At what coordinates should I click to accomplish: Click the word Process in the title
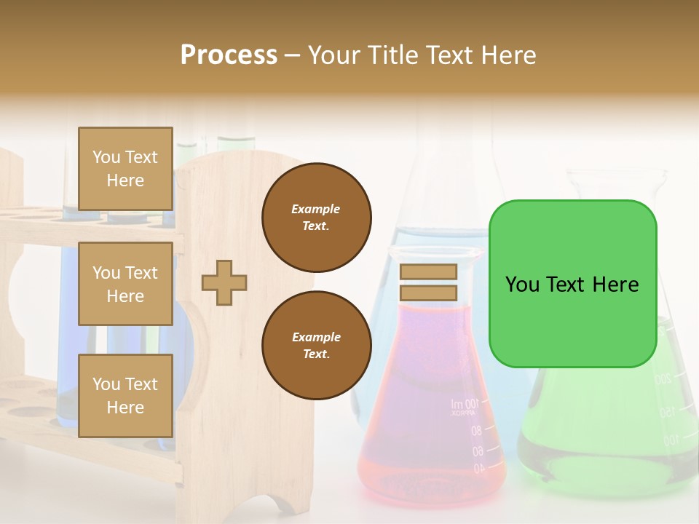pyautogui.click(x=229, y=55)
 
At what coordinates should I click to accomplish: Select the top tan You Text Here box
pyautogui.click(x=125, y=169)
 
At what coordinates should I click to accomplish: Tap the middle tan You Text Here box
pyautogui.click(x=125, y=284)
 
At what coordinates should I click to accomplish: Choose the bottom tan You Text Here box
pyautogui.click(x=125, y=395)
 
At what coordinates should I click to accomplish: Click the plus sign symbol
pyautogui.click(x=224, y=282)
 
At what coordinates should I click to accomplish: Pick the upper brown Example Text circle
pyautogui.click(x=316, y=218)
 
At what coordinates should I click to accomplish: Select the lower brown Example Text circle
pyautogui.click(x=316, y=346)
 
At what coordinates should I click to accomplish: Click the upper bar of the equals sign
pyautogui.click(x=428, y=271)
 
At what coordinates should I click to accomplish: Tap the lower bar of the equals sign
pyautogui.click(x=428, y=293)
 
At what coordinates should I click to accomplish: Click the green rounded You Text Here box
pyautogui.click(x=572, y=284)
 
